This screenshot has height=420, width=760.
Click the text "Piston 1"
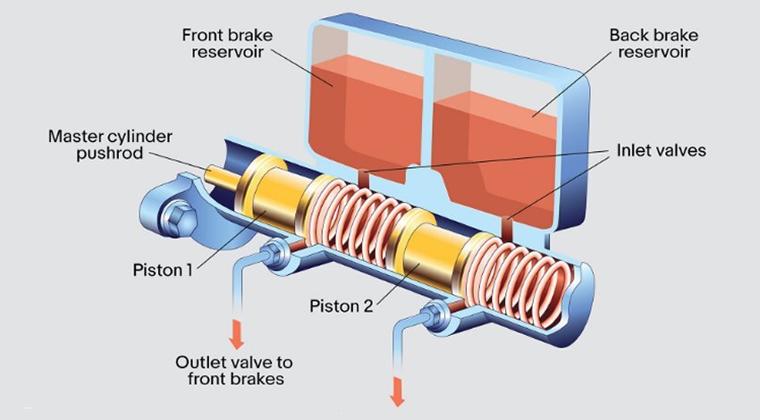point(163,268)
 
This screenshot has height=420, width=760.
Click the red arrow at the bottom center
point(395,390)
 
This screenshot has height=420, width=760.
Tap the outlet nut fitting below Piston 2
point(435,314)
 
